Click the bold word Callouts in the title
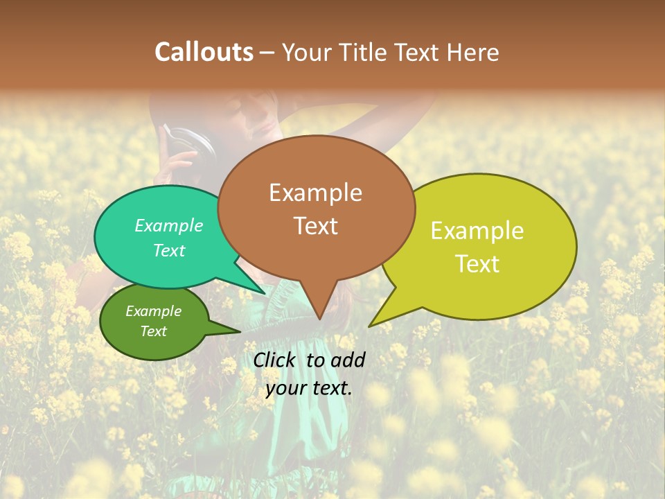204,52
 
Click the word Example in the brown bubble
315,193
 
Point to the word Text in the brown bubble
315,226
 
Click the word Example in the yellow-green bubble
477,231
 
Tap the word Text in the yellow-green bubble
477,264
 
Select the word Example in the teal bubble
169,226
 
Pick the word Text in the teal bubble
169,250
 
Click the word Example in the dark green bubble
153,311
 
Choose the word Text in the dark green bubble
153,331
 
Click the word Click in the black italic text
276,360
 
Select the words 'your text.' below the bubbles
309,388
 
